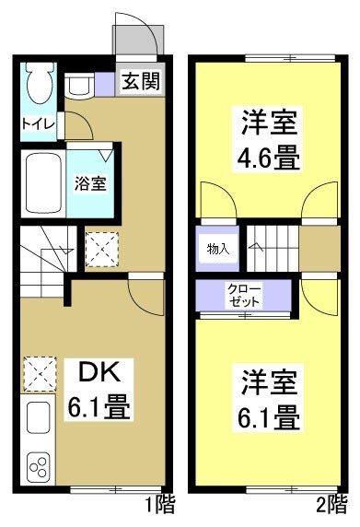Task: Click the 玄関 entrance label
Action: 140,81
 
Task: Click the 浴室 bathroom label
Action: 89,182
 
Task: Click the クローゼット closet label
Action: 245,295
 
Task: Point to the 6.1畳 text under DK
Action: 94,404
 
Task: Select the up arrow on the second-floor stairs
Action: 259,247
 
